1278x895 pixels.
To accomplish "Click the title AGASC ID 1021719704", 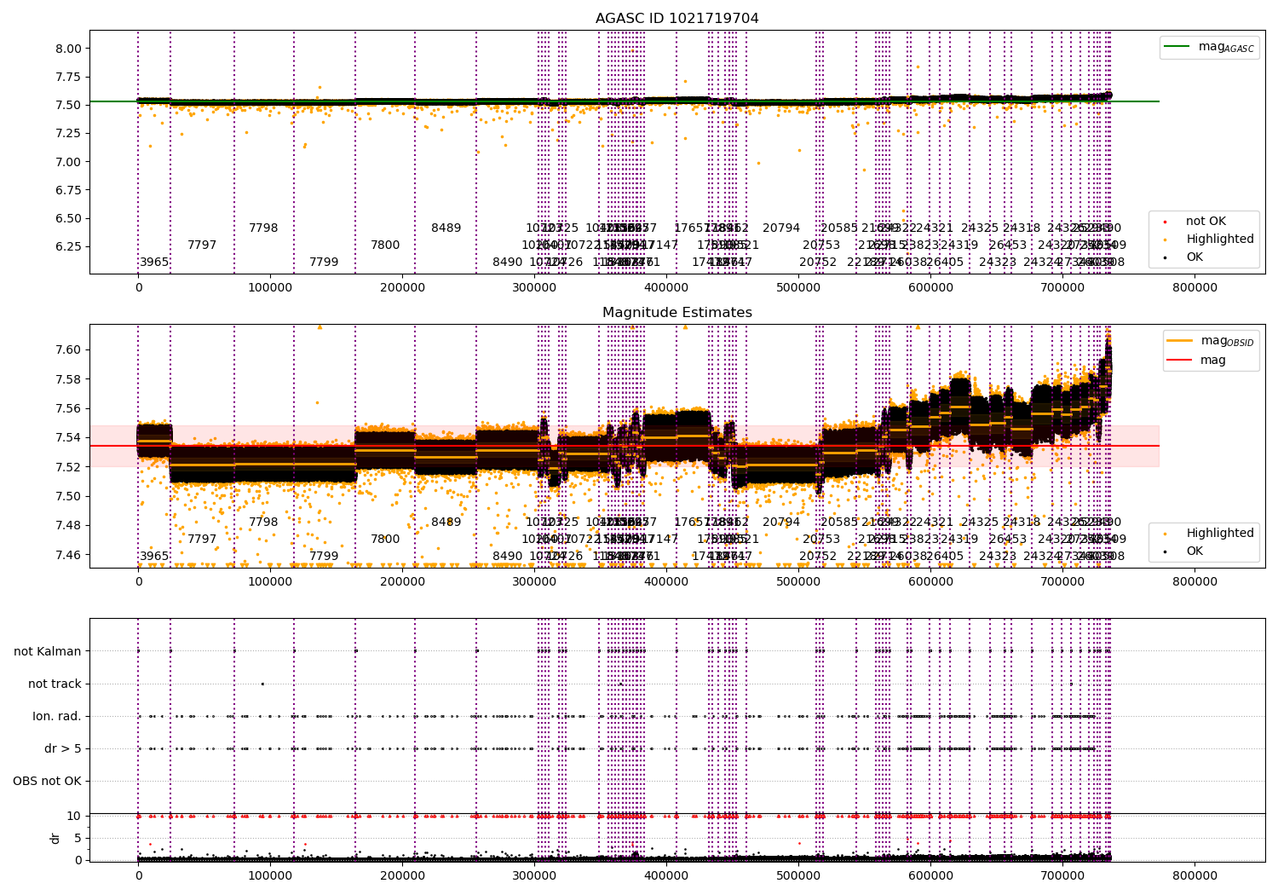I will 676,19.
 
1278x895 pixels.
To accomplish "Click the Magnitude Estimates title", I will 676,313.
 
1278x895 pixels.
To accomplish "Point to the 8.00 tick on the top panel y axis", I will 67,49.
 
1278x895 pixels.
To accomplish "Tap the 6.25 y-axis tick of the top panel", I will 67,246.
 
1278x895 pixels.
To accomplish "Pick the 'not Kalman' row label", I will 48,651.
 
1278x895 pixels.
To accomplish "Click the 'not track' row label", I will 55,684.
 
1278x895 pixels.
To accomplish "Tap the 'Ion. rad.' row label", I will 57,716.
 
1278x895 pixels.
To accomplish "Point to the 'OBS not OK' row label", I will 47,781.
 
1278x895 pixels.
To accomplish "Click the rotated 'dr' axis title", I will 55,838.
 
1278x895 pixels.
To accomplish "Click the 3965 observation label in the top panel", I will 154,262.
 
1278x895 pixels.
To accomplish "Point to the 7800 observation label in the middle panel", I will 385,539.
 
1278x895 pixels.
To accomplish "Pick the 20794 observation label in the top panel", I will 781,228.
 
